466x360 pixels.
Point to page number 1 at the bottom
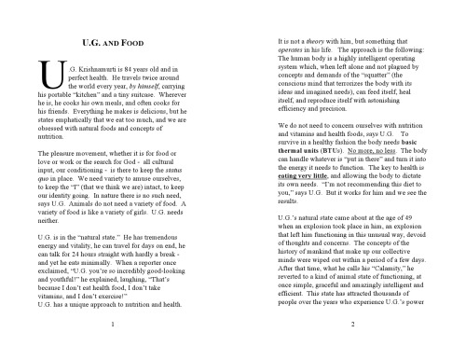click(112, 324)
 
